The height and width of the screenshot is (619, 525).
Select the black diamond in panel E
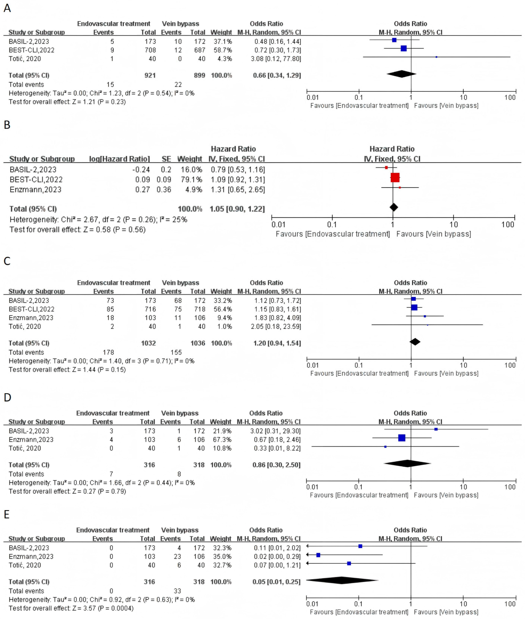click(x=342, y=580)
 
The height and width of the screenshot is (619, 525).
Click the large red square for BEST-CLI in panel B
click(x=395, y=178)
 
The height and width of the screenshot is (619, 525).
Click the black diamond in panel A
click(x=401, y=74)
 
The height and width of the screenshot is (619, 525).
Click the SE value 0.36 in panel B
click(x=164, y=190)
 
